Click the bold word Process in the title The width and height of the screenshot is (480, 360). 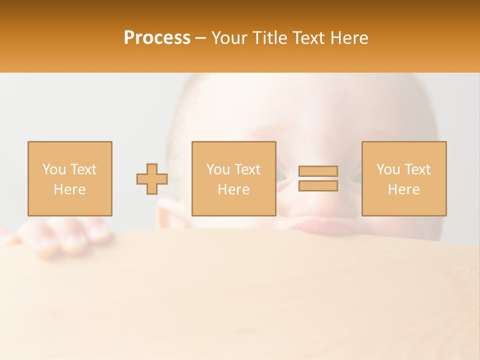pos(157,38)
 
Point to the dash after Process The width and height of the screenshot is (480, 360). pos(201,38)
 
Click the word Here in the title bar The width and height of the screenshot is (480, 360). pos(348,38)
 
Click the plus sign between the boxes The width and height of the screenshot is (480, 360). pos(152,178)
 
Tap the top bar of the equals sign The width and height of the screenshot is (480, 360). pos(318,171)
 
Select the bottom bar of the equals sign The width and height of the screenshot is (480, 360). pos(318,186)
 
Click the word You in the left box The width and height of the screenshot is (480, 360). pos(53,169)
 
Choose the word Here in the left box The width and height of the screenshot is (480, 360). pos(69,189)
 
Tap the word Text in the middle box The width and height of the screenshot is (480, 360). pos(247,169)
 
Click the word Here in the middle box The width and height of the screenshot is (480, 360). pos(233,189)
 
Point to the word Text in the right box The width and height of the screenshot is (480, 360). pos(417,169)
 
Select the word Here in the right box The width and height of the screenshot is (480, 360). pos(403,189)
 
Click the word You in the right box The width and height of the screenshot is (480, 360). pos(388,169)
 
